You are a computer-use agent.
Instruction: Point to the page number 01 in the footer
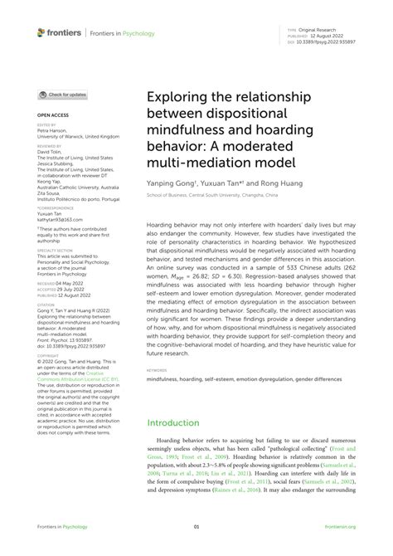pyautogui.click(x=196, y=526)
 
